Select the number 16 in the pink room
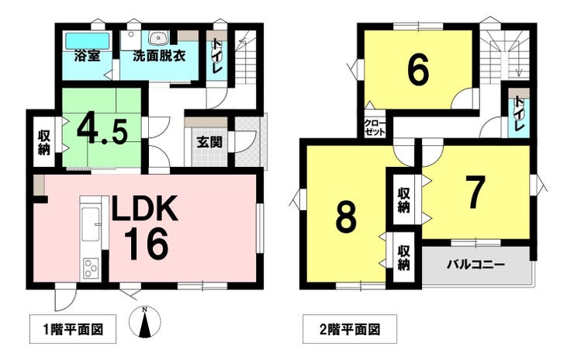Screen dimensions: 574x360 (146, 244)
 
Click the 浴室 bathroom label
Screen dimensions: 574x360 (88, 56)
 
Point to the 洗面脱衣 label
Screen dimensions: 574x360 (159, 56)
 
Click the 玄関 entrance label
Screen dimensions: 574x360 (209, 142)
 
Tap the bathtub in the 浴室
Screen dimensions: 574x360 (88, 41)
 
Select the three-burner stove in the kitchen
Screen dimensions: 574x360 (91, 268)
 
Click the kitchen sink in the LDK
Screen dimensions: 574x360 (91, 224)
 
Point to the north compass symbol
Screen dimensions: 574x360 (145, 322)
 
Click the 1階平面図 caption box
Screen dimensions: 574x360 (73, 329)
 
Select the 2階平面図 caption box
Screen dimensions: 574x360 (350, 329)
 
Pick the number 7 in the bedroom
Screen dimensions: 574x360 (476, 191)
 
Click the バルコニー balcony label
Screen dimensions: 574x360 (476, 265)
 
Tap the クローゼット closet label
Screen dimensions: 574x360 (375, 128)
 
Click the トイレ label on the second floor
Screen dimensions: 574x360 (519, 114)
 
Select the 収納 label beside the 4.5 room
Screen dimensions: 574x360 (44, 143)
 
